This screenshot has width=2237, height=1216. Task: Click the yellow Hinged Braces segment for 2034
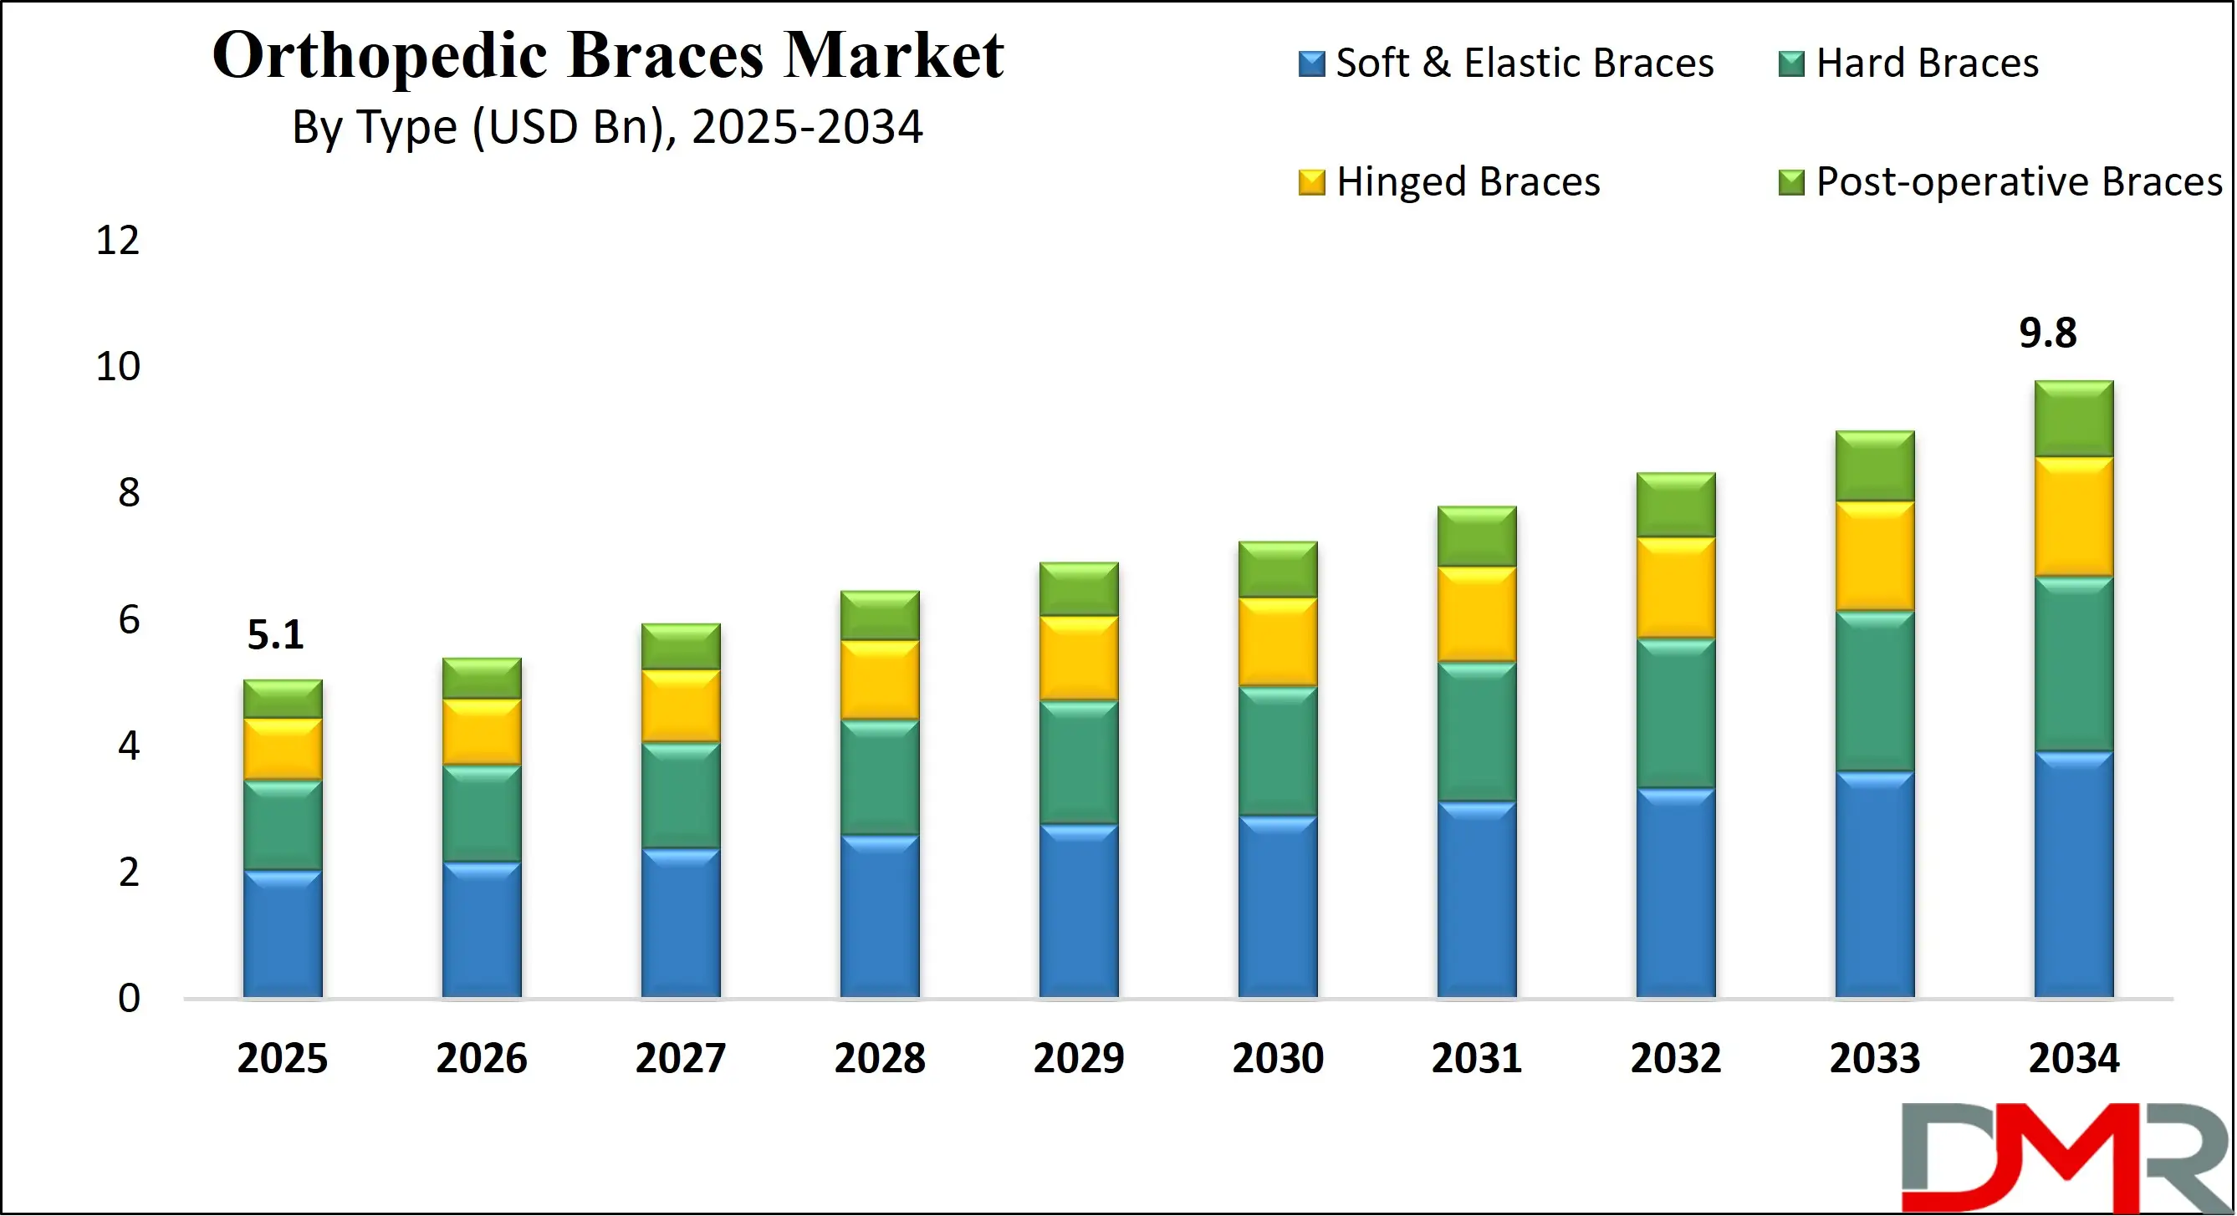coord(2073,516)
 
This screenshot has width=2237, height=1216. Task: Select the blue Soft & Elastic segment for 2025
coord(282,933)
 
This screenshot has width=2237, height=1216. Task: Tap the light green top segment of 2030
coord(1278,569)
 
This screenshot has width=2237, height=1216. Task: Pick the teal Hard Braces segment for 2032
coord(1675,714)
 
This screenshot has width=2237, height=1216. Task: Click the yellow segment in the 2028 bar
coord(880,679)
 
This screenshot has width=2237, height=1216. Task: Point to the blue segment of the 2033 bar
coord(1874,883)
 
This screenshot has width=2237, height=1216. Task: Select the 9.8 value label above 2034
coord(2047,333)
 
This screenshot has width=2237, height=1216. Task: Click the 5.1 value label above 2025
coord(275,634)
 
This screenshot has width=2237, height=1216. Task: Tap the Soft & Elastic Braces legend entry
coord(1506,64)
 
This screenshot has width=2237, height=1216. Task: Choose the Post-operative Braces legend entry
coord(2000,182)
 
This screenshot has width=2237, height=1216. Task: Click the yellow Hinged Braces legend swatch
coord(1310,182)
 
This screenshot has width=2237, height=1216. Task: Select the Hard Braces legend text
coord(1926,64)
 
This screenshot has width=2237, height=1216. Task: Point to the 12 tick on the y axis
coord(117,241)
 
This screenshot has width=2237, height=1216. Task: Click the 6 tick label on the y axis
coord(129,620)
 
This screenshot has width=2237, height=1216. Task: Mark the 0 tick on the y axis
coord(129,998)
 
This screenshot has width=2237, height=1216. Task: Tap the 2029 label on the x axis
coord(1079,1058)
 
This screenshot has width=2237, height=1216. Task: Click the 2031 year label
coord(1476,1058)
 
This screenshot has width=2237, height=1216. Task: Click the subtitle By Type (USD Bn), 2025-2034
coord(607,128)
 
